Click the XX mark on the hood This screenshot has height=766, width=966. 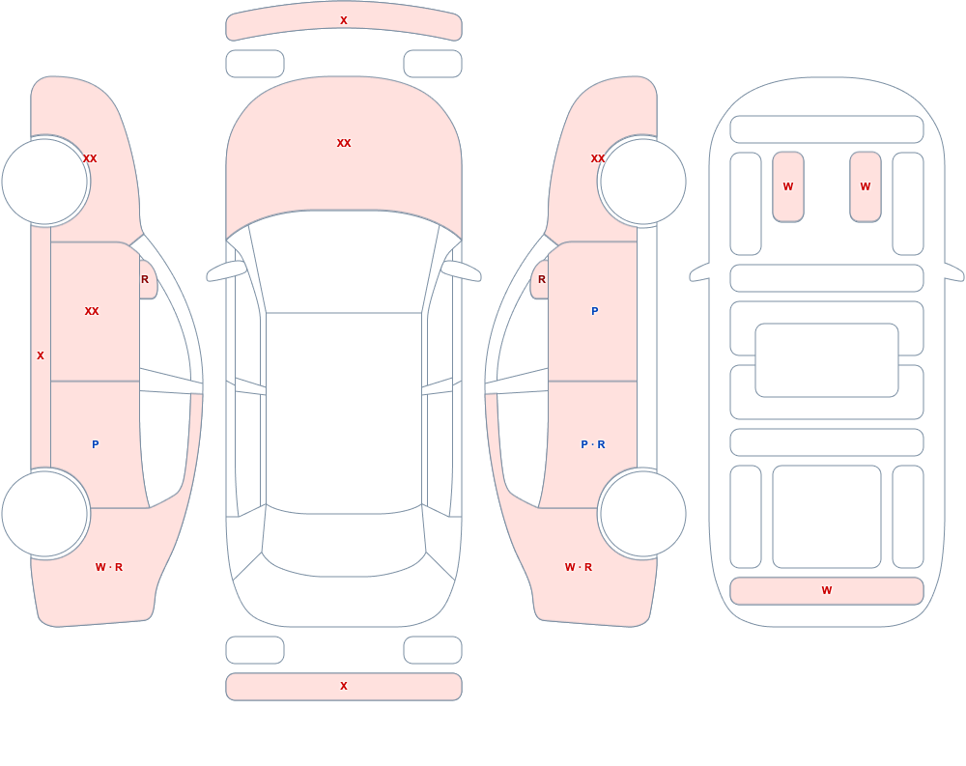click(x=344, y=143)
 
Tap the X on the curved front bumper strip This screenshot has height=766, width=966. click(x=344, y=20)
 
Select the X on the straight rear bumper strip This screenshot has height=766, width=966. click(x=344, y=686)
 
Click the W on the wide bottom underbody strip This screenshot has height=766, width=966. click(x=827, y=590)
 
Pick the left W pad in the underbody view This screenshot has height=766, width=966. click(x=788, y=186)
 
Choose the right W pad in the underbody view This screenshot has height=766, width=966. click(x=866, y=186)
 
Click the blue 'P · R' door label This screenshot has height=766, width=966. click(x=593, y=444)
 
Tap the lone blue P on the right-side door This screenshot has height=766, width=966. click(x=594, y=311)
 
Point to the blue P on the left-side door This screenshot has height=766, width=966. click(x=95, y=444)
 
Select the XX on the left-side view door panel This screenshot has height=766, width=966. click(x=92, y=311)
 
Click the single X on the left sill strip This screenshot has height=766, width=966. click(x=41, y=355)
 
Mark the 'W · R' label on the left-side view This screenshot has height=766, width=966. click(x=109, y=567)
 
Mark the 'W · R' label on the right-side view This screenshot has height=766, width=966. click(x=579, y=567)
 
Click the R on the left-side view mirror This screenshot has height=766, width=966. click(x=145, y=279)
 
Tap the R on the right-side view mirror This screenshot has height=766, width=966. click(x=542, y=279)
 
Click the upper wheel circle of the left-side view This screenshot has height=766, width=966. click(x=44, y=182)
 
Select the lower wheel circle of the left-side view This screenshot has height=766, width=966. click(x=44, y=513)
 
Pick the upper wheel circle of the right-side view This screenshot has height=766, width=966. click(x=643, y=182)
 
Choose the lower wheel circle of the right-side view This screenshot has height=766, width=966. click(x=643, y=513)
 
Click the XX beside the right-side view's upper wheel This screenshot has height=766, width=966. click(x=598, y=158)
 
